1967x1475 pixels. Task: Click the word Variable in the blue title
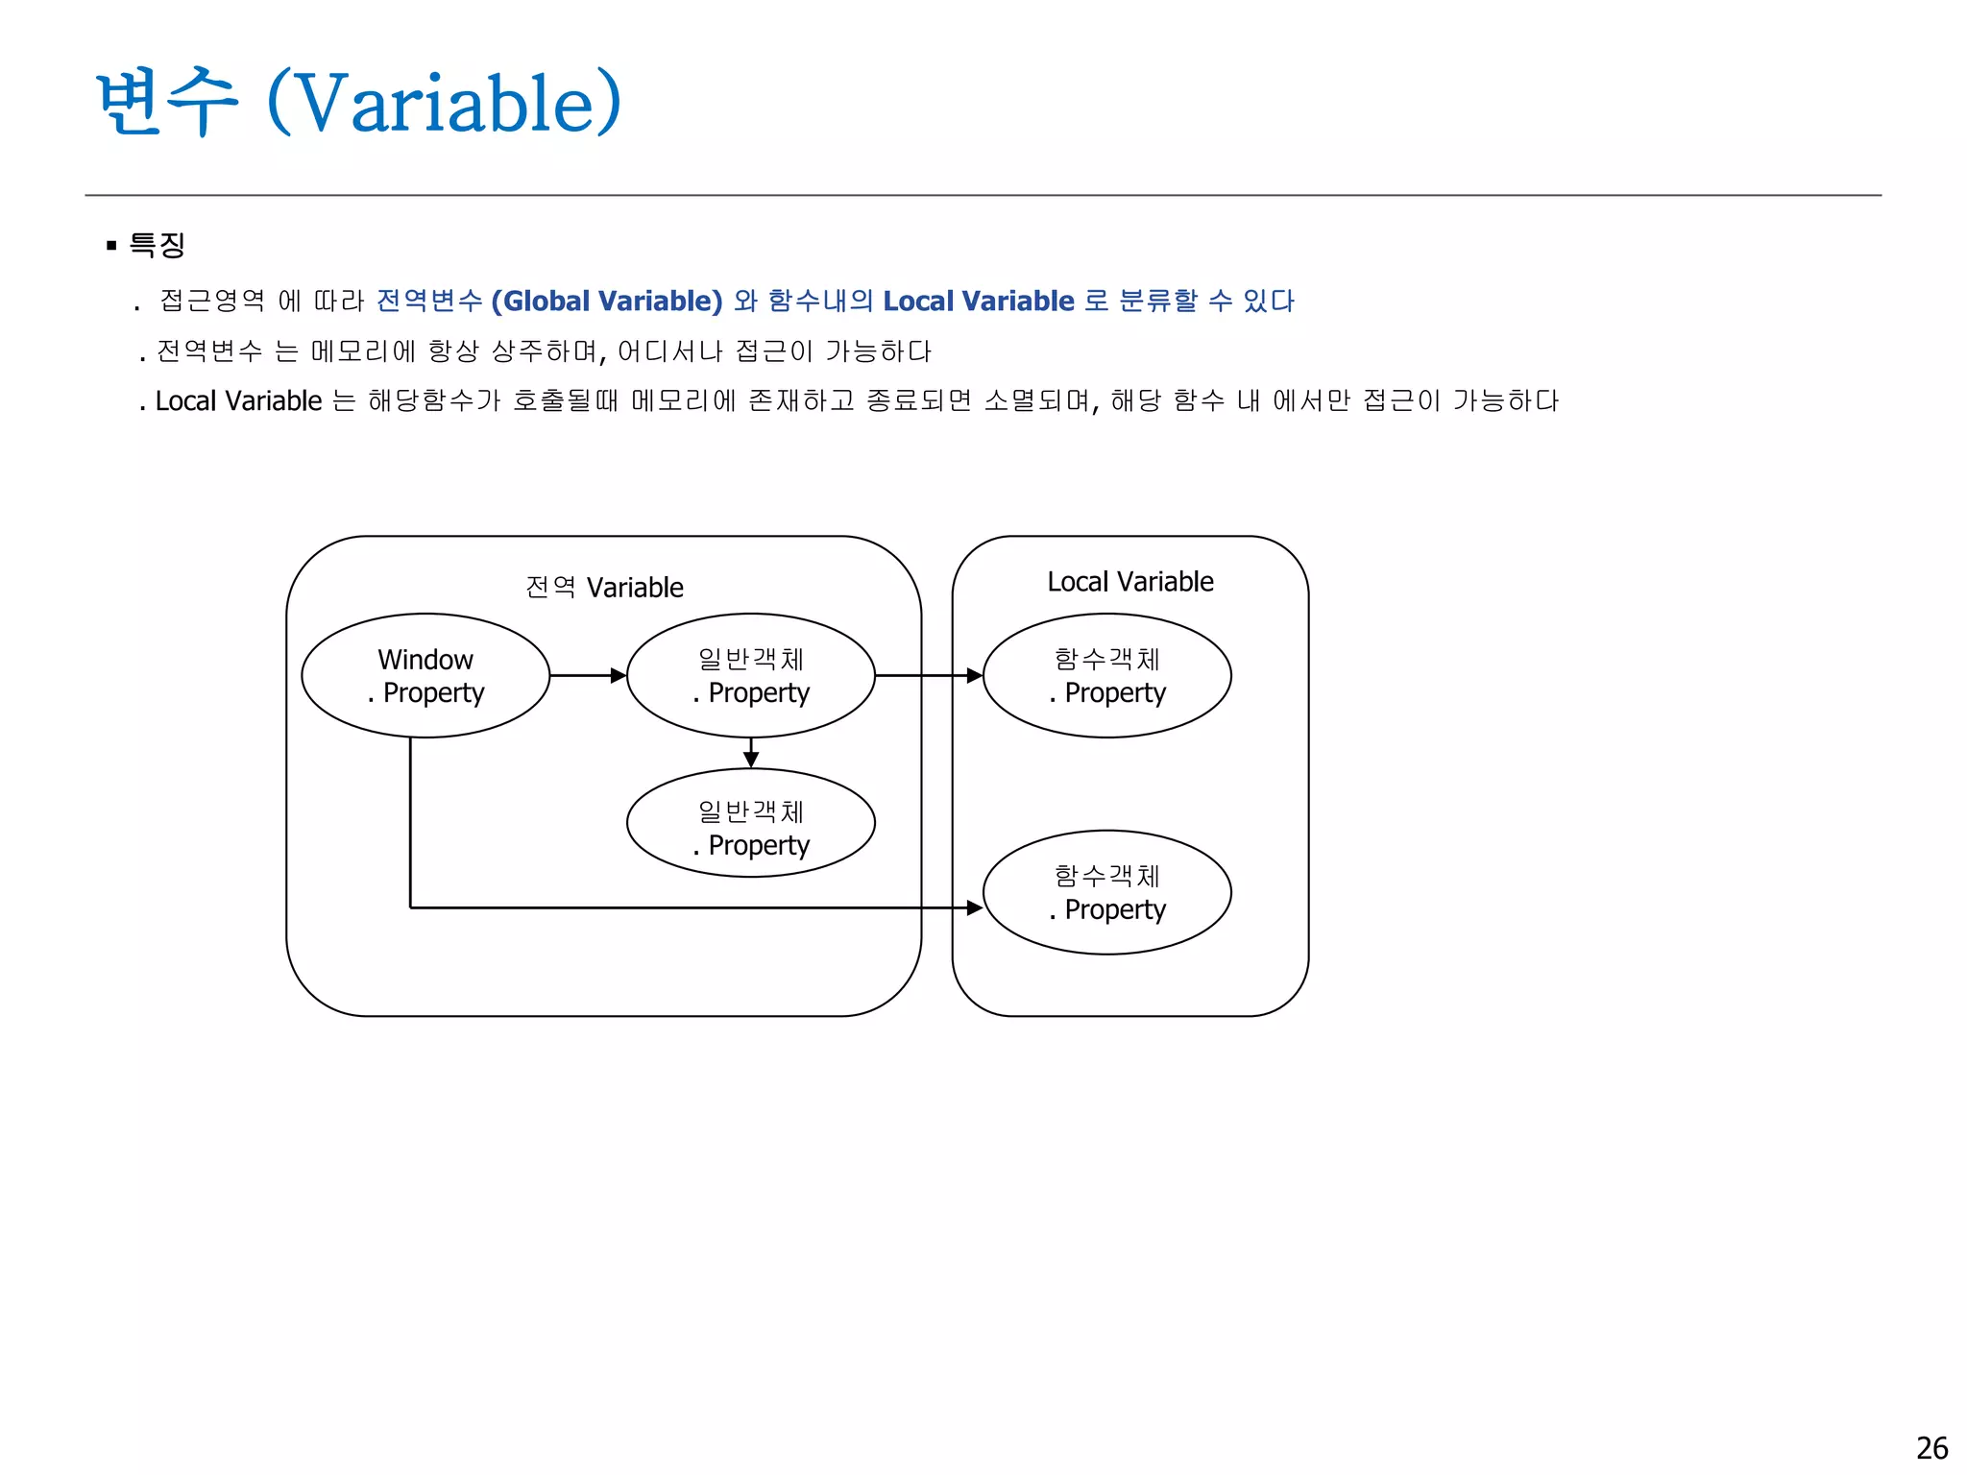445,104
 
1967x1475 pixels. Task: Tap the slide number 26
1931,1447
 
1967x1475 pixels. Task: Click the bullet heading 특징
157,245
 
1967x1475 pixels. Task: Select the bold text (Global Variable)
606,301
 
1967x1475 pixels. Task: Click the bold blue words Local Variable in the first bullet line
978,301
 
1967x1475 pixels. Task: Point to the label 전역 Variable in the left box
604,587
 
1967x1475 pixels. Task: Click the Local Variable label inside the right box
1129,582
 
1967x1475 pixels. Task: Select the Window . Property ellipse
425,675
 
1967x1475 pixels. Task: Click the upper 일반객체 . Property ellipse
750,675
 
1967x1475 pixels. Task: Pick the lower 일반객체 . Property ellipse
750,823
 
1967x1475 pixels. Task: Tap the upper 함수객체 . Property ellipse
1106,675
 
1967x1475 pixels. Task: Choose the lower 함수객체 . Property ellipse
1106,892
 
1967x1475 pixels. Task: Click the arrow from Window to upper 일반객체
587,675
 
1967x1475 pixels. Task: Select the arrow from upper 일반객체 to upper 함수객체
928,675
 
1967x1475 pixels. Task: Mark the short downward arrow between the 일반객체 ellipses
751,753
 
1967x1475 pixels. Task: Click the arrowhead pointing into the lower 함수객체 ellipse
974,907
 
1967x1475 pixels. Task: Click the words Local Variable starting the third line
238,400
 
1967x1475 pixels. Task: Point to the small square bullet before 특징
111,246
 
